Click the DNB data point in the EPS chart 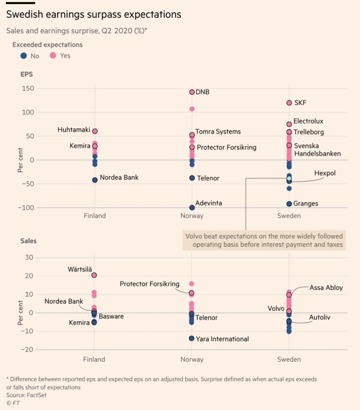point(192,92)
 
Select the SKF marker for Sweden point(289,103)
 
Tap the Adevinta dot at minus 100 point(192,208)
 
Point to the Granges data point point(289,204)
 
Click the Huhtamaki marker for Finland point(95,131)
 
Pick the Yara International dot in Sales point(192,338)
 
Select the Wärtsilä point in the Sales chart point(94,275)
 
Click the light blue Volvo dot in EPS point(289,178)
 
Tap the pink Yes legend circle point(53,56)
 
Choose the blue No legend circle point(23,56)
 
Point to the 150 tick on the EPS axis point(28,89)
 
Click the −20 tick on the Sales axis point(27,349)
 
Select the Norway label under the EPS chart point(192,216)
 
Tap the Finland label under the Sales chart point(94,359)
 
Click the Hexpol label point(325,173)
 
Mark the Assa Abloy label point(326,288)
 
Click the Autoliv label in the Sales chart point(320,317)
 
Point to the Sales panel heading point(28,241)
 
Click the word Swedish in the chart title point(25,14)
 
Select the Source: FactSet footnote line point(26,395)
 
